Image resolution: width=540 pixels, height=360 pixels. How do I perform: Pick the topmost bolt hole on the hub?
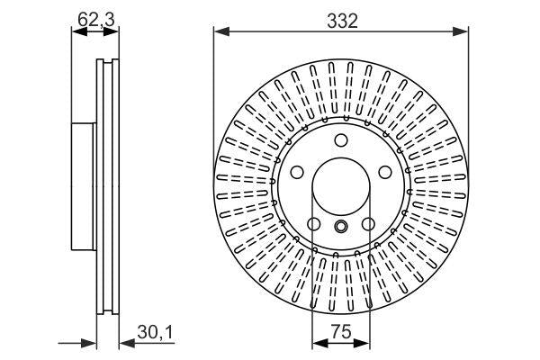pyautogui.click(x=341, y=139)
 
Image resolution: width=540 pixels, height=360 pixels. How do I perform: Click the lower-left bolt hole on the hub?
pyautogui.click(x=314, y=225)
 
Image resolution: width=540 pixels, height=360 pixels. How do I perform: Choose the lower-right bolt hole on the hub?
pyautogui.click(x=368, y=225)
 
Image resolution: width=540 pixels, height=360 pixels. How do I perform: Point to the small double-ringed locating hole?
pyautogui.click(x=341, y=227)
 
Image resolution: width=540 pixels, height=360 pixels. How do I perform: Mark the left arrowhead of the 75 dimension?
pyautogui.click(x=317, y=343)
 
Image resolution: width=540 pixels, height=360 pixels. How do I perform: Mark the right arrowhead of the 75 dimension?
pyautogui.click(x=365, y=343)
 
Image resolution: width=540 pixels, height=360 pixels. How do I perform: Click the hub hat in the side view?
pyautogui.click(x=82, y=189)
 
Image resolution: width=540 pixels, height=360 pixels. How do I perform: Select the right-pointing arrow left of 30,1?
pyautogui.click(x=90, y=343)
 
